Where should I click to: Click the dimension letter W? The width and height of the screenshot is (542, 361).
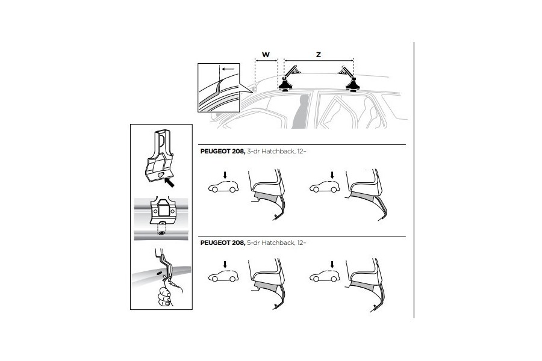(266, 54)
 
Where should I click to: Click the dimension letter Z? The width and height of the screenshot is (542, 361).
(319, 54)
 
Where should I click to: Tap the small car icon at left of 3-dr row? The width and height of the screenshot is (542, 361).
(222, 187)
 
